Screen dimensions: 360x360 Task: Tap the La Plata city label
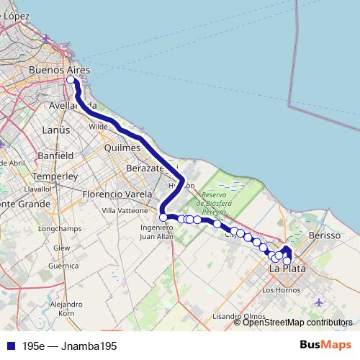point(287,269)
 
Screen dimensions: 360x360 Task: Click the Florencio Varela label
point(117,194)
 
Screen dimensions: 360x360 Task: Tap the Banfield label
point(57,155)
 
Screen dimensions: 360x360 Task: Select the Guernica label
point(63,265)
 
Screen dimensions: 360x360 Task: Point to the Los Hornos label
point(277,290)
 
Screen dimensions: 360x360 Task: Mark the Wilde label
point(99,126)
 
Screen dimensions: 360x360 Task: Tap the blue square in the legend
point(9,346)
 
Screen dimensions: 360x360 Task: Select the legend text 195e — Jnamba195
point(68,346)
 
